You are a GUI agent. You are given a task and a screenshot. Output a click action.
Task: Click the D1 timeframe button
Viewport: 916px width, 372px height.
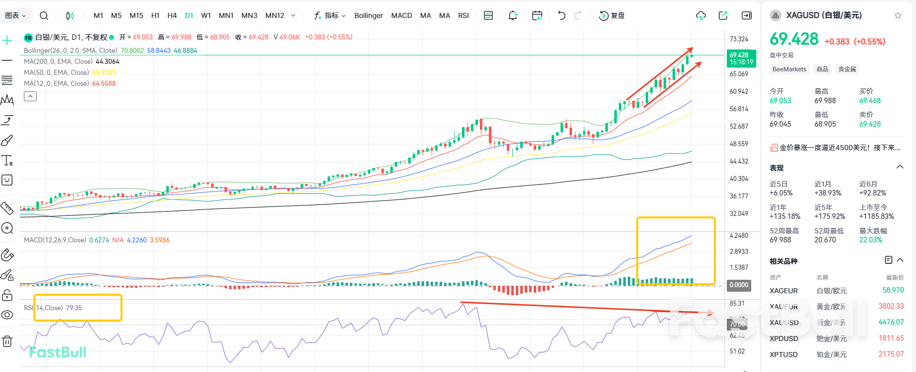(189, 15)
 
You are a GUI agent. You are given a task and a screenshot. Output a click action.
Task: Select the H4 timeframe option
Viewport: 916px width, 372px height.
(172, 15)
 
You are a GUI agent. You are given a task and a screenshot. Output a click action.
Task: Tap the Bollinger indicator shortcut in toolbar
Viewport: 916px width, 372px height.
(368, 15)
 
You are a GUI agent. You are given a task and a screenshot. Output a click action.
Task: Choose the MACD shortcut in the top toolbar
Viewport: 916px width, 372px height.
(401, 15)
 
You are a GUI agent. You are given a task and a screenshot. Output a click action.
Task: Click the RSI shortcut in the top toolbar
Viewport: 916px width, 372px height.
(463, 15)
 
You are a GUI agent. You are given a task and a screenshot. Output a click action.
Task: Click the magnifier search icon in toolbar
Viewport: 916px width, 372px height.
(44, 15)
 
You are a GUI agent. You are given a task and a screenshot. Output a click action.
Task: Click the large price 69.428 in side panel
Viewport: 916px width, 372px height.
(794, 39)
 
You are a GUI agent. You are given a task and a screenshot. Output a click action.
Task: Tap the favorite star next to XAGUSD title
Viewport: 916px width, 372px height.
(898, 15)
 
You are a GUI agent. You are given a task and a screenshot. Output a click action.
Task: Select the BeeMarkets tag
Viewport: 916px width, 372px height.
(789, 69)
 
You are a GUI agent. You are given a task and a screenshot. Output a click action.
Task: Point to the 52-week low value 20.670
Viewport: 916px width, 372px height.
(825, 240)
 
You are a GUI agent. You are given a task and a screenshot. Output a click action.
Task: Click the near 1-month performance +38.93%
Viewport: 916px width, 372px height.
(828, 193)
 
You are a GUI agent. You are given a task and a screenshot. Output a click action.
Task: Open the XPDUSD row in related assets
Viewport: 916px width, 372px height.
(784, 339)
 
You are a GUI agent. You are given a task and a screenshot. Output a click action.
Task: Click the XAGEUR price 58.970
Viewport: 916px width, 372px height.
(893, 290)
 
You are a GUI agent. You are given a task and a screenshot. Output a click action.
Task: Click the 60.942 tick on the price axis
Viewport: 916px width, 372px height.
(739, 91)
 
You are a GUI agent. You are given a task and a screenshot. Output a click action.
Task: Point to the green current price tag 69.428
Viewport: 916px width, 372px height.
(741, 58)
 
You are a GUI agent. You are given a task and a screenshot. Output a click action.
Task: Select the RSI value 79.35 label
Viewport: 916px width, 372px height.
(74, 308)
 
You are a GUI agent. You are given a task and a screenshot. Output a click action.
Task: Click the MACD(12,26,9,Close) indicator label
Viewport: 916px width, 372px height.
(55, 240)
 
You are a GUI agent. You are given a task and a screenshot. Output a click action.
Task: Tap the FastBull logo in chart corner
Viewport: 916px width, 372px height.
(57, 352)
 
